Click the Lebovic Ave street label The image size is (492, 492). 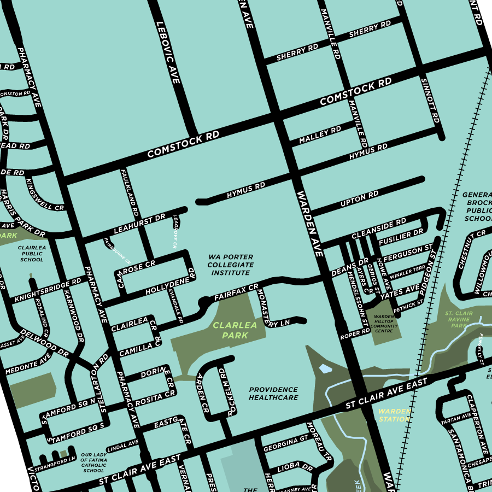tap(168, 52)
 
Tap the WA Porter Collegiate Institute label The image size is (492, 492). tap(231, 264)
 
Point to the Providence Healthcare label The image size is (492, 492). tap(273, 394)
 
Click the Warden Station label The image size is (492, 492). tap(394, 415)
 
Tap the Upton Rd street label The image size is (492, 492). tap(359, 199)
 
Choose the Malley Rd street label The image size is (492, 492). tap(320, 134)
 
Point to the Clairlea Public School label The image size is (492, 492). tap(32, 254)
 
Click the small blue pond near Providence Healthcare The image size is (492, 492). tap(325, 369)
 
